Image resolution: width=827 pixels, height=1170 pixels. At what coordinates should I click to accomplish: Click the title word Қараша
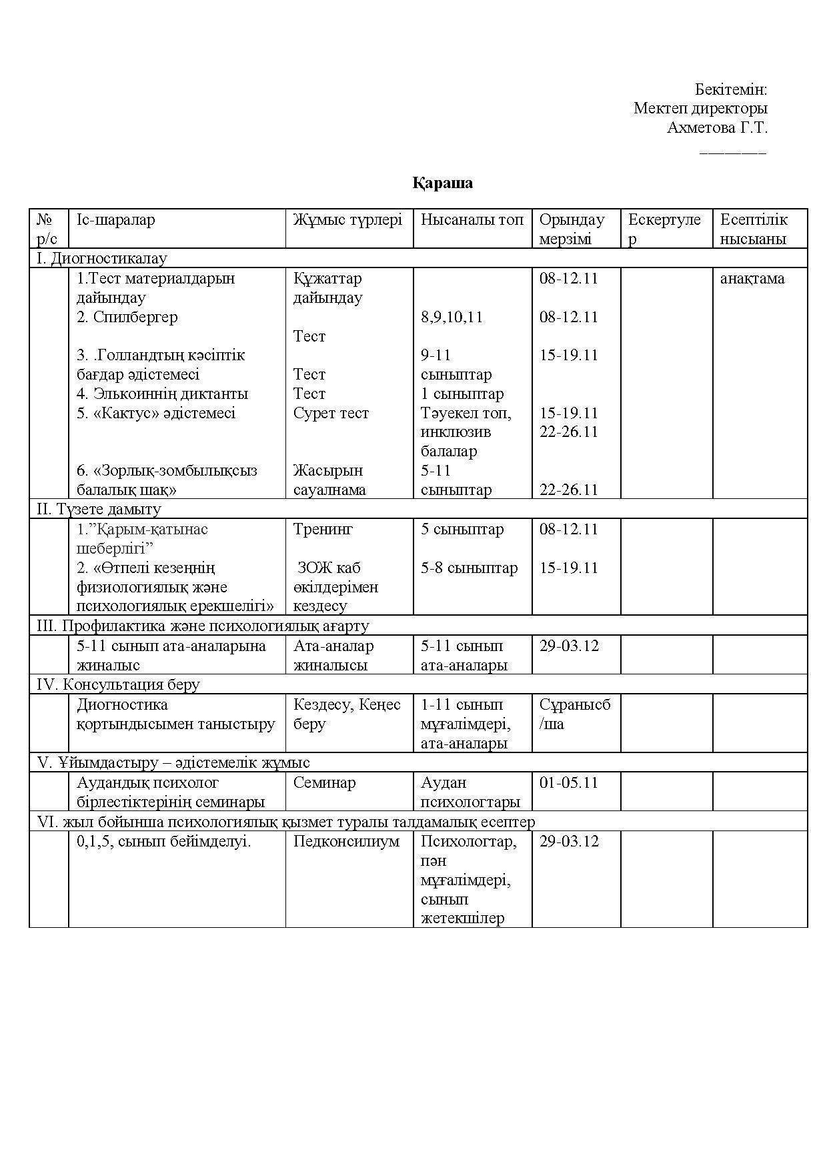[442, 183]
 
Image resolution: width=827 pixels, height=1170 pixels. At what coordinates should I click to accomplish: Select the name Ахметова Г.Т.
[717, 127]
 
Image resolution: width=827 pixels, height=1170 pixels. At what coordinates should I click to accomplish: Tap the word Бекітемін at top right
[731, 89]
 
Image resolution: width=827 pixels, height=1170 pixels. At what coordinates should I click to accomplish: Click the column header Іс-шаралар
[115, 220]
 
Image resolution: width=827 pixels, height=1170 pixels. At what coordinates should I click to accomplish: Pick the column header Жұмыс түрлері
[347, 220]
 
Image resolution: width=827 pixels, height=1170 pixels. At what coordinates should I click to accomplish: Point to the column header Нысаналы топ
[472, 220]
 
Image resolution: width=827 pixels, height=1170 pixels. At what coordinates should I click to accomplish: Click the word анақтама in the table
[752, 279]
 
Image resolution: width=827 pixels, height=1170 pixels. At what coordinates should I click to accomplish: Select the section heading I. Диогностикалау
[101, 259]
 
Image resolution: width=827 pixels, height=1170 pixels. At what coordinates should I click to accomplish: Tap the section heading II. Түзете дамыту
[99, 510]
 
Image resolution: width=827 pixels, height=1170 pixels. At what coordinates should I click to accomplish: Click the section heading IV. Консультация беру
[118, 684]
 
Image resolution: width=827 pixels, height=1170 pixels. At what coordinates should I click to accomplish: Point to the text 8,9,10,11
[452, 317]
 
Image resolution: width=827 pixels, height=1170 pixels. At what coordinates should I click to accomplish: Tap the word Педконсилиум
[346, 842]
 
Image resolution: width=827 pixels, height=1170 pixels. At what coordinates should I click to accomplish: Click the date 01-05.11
[569, 782]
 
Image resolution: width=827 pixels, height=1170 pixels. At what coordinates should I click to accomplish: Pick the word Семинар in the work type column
[324, 782]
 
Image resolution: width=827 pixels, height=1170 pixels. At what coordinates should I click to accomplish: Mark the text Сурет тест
[331, 413]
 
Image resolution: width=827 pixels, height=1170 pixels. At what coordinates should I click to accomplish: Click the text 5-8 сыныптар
[469, 568]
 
